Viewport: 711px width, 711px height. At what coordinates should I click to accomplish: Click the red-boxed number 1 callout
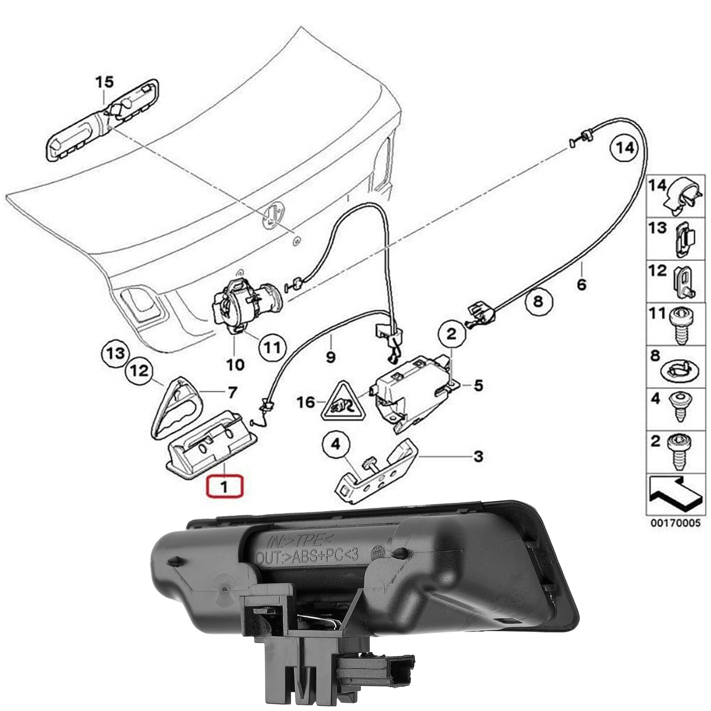click(224, 486)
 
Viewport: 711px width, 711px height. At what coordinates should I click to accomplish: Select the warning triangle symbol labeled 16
click(343, 402)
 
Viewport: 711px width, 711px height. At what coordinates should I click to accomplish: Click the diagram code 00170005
click(675, 523)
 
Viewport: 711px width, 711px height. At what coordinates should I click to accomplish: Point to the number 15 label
click(105, 82)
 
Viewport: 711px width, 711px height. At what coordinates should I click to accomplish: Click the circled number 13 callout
click(115, 354)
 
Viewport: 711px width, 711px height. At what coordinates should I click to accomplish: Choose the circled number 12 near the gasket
click(140, 370)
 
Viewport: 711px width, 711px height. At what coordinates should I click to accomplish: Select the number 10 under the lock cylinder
click(235, 365)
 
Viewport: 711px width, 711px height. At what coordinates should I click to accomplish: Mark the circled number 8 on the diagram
click(538, 302)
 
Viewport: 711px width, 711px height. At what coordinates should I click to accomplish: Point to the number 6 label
click(581, 283)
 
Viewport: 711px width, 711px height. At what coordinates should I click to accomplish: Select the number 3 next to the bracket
click(478, 456)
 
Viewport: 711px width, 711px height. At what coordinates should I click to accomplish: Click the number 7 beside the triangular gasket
click(232, 392)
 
